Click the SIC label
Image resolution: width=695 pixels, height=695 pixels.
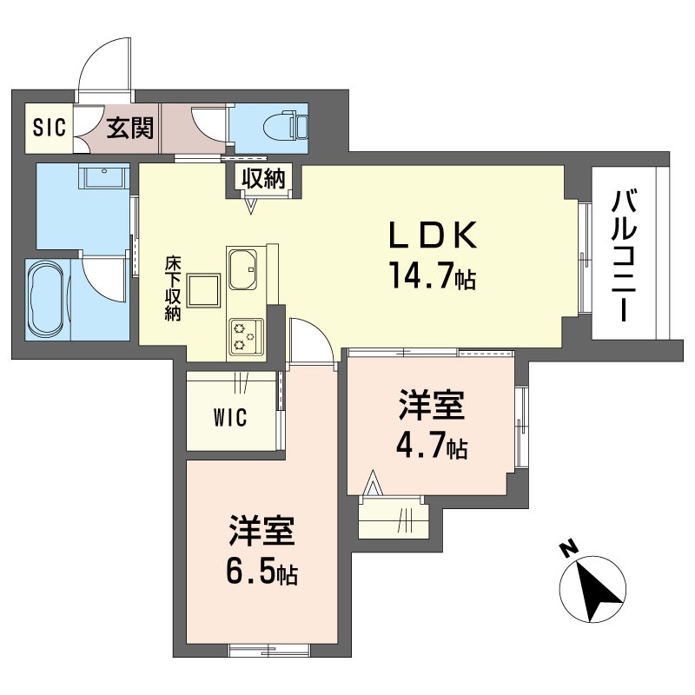point(50,128)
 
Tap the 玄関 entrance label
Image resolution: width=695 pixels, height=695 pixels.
point(129,128)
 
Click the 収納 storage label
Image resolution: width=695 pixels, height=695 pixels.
point(263,178)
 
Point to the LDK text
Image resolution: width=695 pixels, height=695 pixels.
point(433,235)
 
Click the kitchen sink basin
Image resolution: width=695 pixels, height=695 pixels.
point(242,269)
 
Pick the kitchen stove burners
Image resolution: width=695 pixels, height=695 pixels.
point(246,336)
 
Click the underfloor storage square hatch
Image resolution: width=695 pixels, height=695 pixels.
point(204,290)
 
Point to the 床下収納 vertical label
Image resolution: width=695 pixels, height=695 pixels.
point(172,288)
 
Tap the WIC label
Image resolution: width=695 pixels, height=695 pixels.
point(230,418)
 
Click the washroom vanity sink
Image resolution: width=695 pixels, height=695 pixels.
point(104,177)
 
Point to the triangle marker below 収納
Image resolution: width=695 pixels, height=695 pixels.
point(251,206)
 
